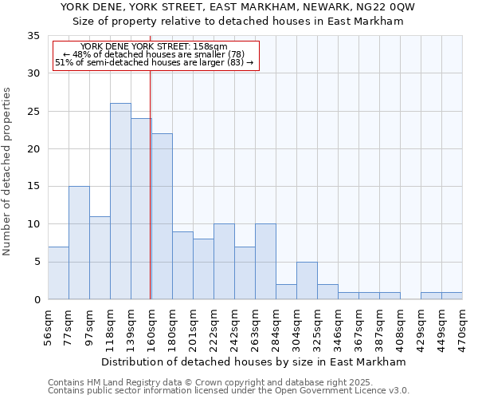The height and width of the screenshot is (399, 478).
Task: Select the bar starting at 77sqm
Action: pos(79,243)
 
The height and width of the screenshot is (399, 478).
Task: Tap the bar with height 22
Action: pos(162,216)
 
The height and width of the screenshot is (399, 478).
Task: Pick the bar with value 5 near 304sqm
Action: pos(307,280)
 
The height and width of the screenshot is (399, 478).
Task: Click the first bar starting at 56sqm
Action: pos(58,273)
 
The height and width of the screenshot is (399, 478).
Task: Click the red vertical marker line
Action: pos(151,184)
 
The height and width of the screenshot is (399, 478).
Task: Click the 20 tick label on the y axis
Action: pos(33,149)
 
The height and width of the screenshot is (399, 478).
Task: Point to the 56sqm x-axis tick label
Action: pos(48,327)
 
